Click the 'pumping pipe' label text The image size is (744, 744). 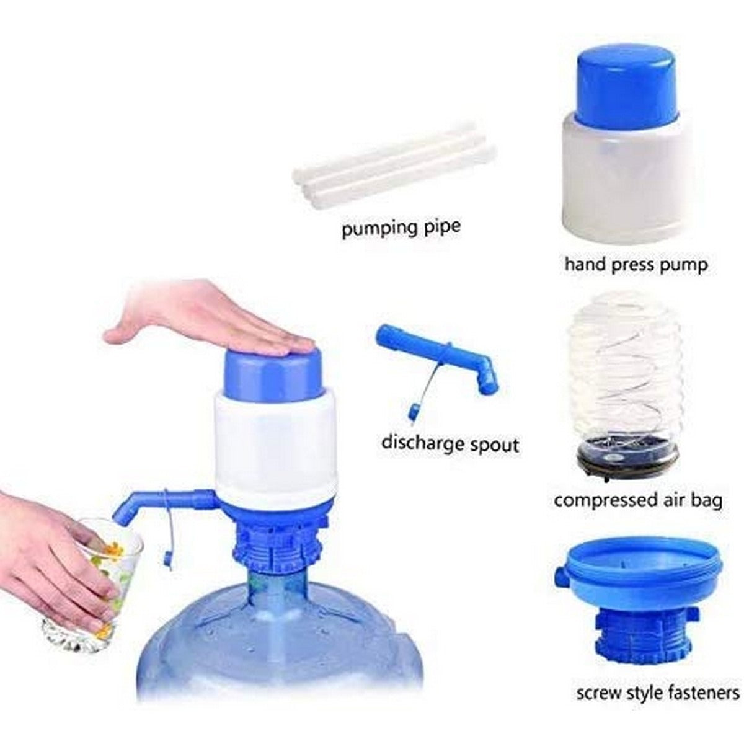point(401,228)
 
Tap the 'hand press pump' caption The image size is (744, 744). point(635,265)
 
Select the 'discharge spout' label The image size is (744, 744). point(449,443)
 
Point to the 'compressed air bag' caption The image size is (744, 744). point(638,500)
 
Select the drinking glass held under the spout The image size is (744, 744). point(93,577)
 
